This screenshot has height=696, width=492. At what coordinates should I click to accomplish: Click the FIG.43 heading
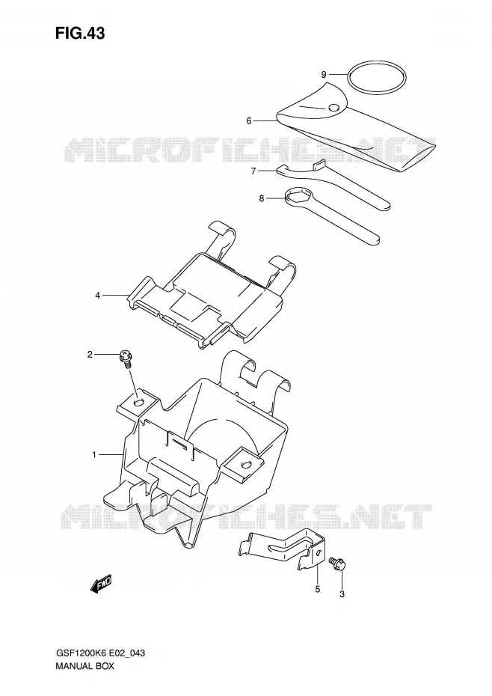point(80,34)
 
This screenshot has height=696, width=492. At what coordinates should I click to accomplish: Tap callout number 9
point(324,74)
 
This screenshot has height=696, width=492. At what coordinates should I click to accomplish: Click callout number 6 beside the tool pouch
point(249,120)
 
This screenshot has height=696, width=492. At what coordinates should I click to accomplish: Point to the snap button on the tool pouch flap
point(334,108)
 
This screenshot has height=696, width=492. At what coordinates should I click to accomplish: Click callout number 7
point(253,171)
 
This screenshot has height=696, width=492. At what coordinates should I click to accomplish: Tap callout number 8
point(261,198)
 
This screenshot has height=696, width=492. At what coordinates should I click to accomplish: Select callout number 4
point(98,295)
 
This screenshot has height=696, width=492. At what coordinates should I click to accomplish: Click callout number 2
point(90,354)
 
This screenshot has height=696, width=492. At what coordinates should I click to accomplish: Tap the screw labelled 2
point(126,358)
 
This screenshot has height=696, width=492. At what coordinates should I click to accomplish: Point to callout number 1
point(94,454)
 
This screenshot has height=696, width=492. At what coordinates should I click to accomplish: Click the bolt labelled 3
point(338,564)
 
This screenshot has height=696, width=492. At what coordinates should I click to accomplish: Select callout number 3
point(342,594)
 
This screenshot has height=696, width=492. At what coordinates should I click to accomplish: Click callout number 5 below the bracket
point(318,590)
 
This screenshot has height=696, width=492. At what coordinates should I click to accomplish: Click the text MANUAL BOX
point(84,666)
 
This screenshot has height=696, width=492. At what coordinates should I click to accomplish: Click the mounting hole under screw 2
point(139,402)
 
